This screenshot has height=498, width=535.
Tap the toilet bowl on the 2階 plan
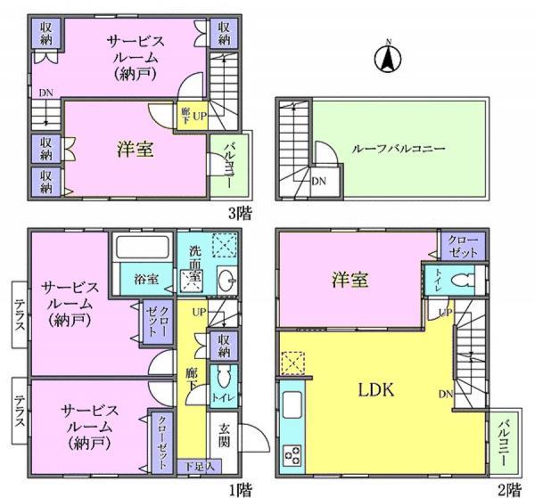pyautogui.click(x=460, y=281)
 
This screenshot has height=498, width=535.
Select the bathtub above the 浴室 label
pyautogui.click(x=142, y=248)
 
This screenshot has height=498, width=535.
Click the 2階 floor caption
pyautogui.click(x=509, y=487)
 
